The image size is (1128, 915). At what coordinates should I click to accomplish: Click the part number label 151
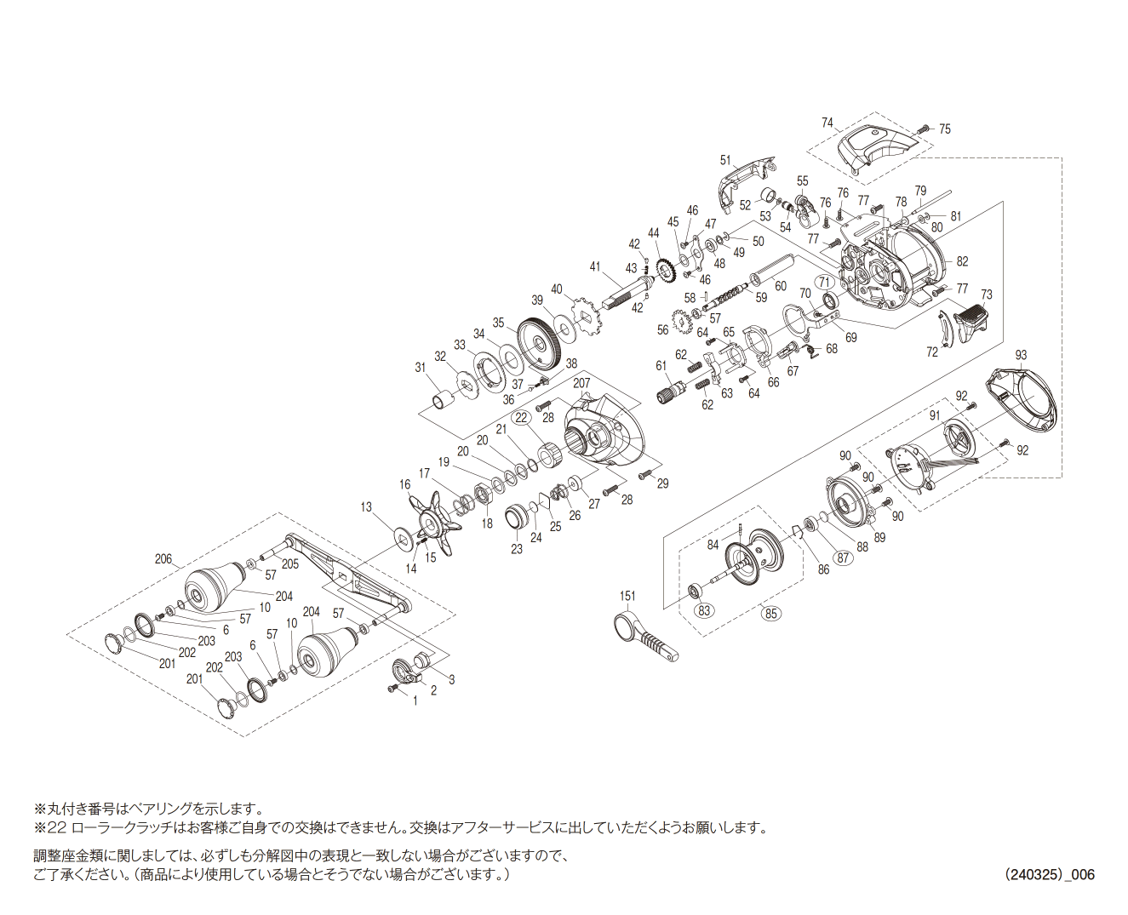point(627,596)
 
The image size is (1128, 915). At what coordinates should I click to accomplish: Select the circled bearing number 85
point(771,613)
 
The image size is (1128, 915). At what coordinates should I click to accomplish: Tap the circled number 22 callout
point(522,417)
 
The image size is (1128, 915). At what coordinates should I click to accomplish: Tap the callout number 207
point(581,383)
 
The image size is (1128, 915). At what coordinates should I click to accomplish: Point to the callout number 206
point(163,559)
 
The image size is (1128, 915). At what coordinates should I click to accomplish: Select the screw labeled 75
point(924,129)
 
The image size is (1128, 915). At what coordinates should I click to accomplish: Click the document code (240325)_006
point(1049,874)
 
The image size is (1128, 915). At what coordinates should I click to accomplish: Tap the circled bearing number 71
point(823,282)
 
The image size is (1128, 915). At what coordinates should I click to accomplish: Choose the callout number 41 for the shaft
point(595,266)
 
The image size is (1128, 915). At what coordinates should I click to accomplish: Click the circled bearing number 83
point(704,610)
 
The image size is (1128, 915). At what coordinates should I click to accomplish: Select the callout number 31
point(420,368)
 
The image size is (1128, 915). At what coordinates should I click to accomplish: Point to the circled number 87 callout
point(843,558)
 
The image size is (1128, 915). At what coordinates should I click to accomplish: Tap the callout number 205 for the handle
point(290,563)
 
